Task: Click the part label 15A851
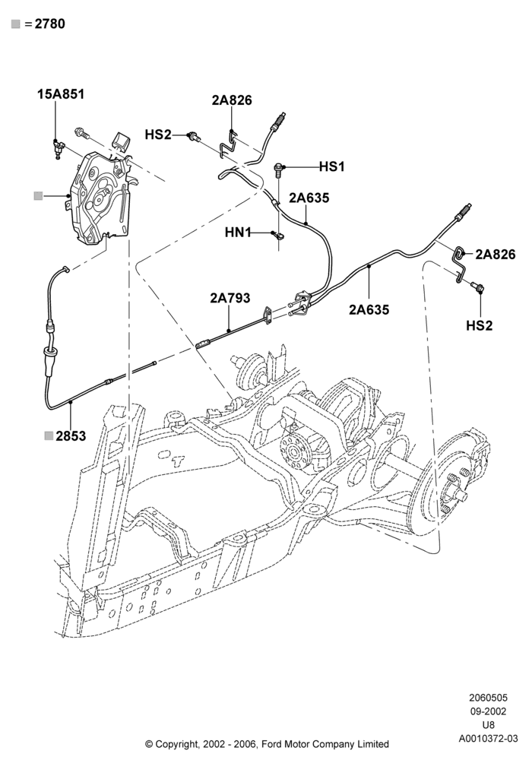61,93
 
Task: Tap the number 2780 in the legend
50,24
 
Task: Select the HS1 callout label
332,166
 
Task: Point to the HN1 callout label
238,233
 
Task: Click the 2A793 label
230,298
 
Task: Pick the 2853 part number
71,435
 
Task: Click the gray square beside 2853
49,435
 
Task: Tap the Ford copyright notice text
267,743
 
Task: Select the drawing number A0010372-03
489,739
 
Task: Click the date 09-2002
489,711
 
